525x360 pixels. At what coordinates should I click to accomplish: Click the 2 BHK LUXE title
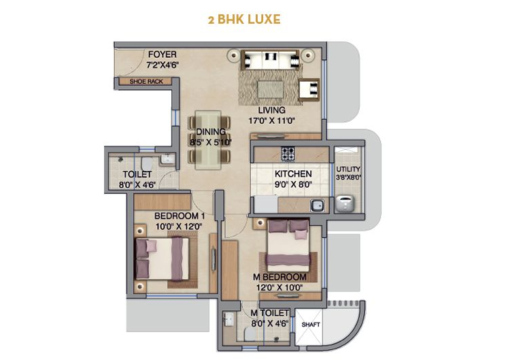(x=244, y=20)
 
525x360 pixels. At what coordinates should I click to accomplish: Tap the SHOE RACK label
(x=146, y=82)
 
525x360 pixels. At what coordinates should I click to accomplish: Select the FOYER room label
(x=163, y=54)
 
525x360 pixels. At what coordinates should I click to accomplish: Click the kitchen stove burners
(x=288, y=154)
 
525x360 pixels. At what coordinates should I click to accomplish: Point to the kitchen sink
(x=317, y=206)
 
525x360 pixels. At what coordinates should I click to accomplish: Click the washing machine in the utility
(x=345, y=203)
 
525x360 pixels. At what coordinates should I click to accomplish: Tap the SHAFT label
(x=311, y=325)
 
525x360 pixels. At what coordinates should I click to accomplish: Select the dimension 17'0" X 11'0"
(x=271, y=121)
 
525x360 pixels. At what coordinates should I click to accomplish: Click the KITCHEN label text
(x=293, y=174)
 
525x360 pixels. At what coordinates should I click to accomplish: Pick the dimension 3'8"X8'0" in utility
(x=348, y=178)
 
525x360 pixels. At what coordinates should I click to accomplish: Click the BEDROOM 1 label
(x=180, y=216)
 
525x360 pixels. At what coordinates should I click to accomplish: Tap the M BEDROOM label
(x=280, y=277)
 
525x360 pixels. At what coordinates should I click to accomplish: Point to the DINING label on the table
(x=211, y=132)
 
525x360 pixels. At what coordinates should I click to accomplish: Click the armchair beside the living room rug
(x=309, y=90)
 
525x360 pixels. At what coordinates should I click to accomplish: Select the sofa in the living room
(x=270, y=60)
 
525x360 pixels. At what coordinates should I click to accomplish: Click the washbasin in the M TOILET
(x=229, y=318)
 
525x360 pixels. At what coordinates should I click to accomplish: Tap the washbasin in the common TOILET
(x=167, y=159)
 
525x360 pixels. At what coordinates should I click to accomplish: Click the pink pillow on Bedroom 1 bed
(x=152, y=246)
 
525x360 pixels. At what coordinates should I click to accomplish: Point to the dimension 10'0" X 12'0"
(x=179, y=227)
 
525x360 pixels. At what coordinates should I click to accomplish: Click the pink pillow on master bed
(x=301, y=235)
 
